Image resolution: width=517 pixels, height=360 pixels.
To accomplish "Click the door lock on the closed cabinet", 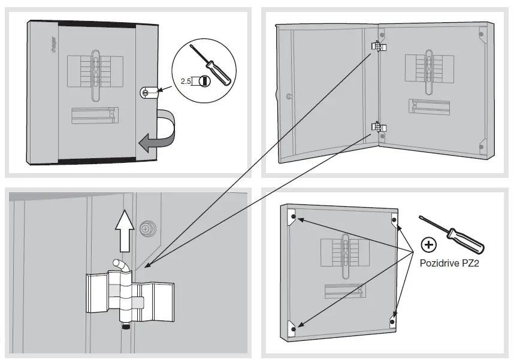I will pos(147,92).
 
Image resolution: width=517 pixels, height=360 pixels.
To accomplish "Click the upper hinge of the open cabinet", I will pos(378,47).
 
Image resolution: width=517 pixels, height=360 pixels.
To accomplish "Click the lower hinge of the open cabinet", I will pos(377,126).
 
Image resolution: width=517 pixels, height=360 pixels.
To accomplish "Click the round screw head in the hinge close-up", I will pos(146,228).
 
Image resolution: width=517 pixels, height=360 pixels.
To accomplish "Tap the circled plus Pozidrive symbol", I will pos(428,244).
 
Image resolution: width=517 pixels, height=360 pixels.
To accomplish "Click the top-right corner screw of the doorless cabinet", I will pos(394,220).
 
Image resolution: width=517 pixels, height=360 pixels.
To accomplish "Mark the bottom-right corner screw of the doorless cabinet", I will pos(392,321).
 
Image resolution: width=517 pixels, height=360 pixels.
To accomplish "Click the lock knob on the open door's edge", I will pos(289,95).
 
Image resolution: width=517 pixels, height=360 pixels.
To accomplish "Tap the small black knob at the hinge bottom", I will pos(126,328).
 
